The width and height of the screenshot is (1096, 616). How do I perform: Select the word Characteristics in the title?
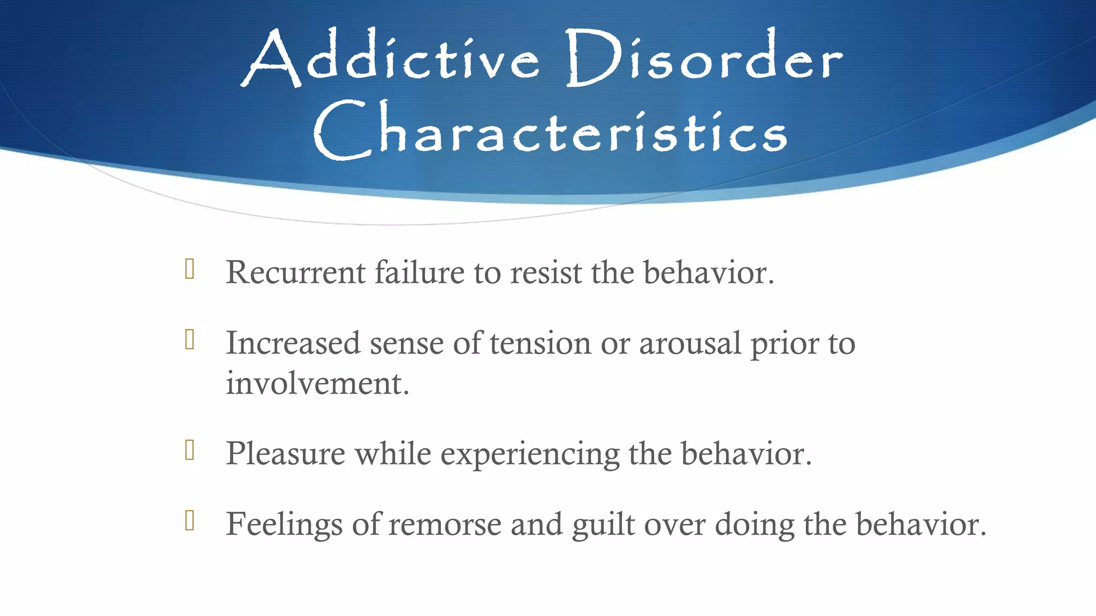click(x=550, y=132)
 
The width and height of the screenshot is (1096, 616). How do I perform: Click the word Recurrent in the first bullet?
click(x=295, y=273)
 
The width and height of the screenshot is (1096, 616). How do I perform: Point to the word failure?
click(x=419, y=273)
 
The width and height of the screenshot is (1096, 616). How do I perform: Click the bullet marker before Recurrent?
click(x=189, y=269)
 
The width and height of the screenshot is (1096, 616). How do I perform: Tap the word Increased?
click(x=293, y=343)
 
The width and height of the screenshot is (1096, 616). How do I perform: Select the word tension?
click(x=540, y=343)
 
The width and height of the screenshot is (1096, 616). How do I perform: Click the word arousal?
click(x=690, y=343)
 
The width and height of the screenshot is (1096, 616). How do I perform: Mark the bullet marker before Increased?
click(x=189, y=340)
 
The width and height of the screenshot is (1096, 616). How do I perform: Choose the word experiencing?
click(x=530, y=455)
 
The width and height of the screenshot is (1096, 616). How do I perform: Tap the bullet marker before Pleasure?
click(x=189, y=450)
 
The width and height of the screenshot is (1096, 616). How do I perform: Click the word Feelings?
click(x=284, y=524)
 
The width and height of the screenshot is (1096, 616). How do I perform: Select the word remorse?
click(x=445, y=524)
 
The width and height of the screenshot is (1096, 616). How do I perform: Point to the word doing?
click(x=755, y=524)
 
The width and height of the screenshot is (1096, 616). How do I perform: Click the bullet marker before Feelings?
click(x=189, y=520)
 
